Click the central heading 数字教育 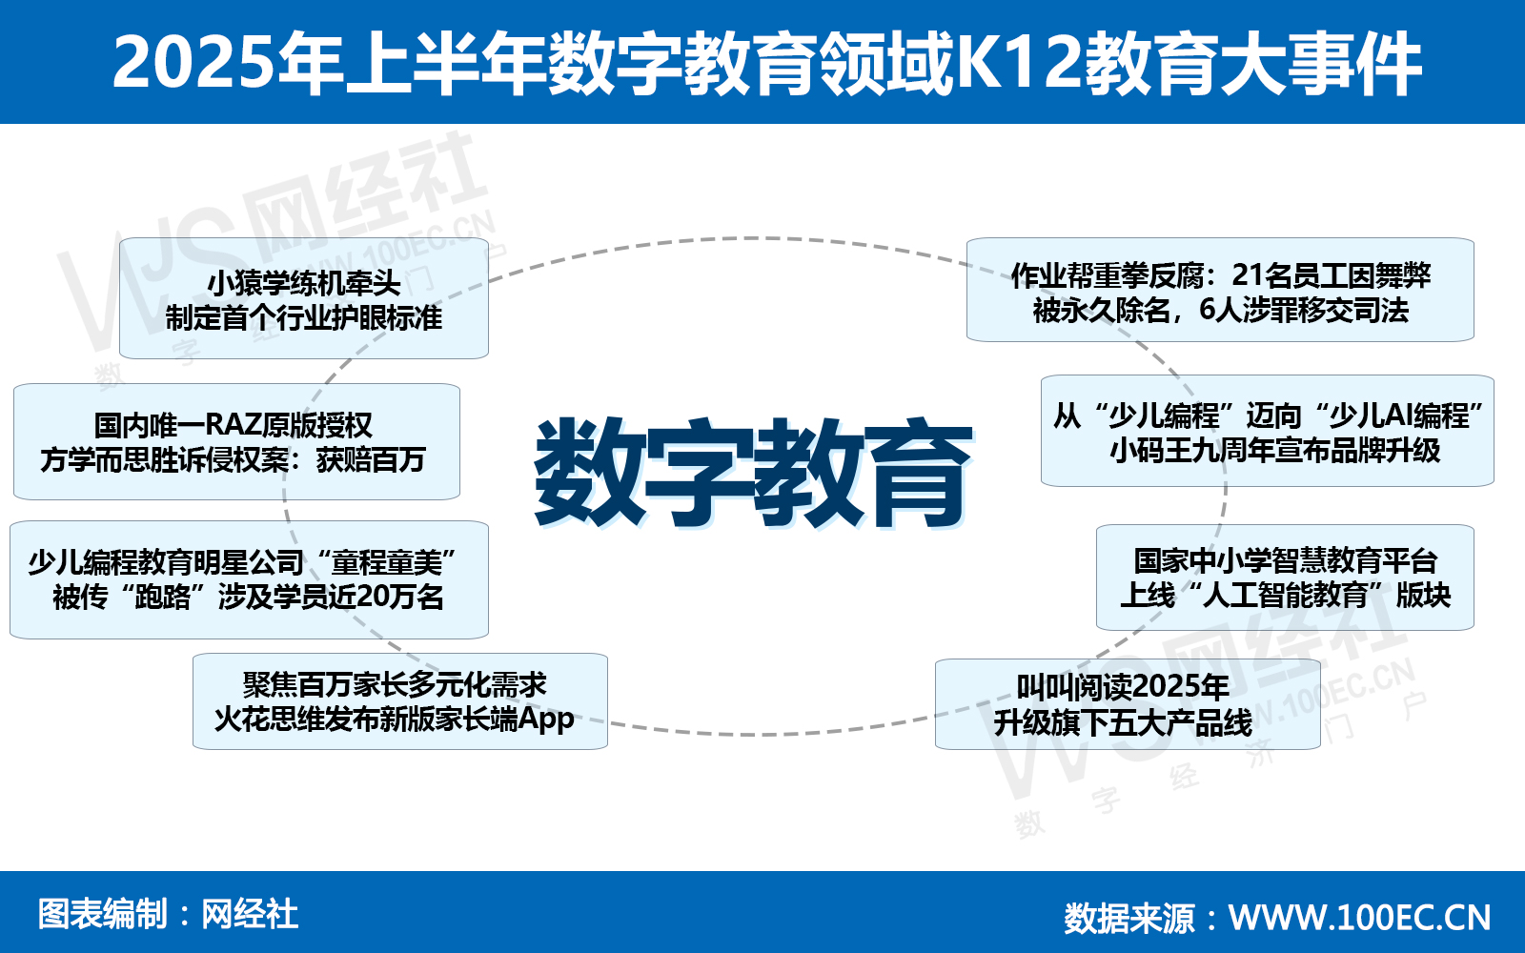752,473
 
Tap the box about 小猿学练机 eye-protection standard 303,299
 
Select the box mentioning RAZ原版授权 236,441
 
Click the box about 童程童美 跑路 248,579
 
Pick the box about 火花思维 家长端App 399,701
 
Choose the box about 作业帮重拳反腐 1220,291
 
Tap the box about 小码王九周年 1267,431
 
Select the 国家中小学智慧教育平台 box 1285,578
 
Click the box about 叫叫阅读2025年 1127,704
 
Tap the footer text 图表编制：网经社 168,914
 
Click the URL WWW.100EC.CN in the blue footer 1359,917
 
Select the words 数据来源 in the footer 1128,918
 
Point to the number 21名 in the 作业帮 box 1262,274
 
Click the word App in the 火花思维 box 546,719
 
